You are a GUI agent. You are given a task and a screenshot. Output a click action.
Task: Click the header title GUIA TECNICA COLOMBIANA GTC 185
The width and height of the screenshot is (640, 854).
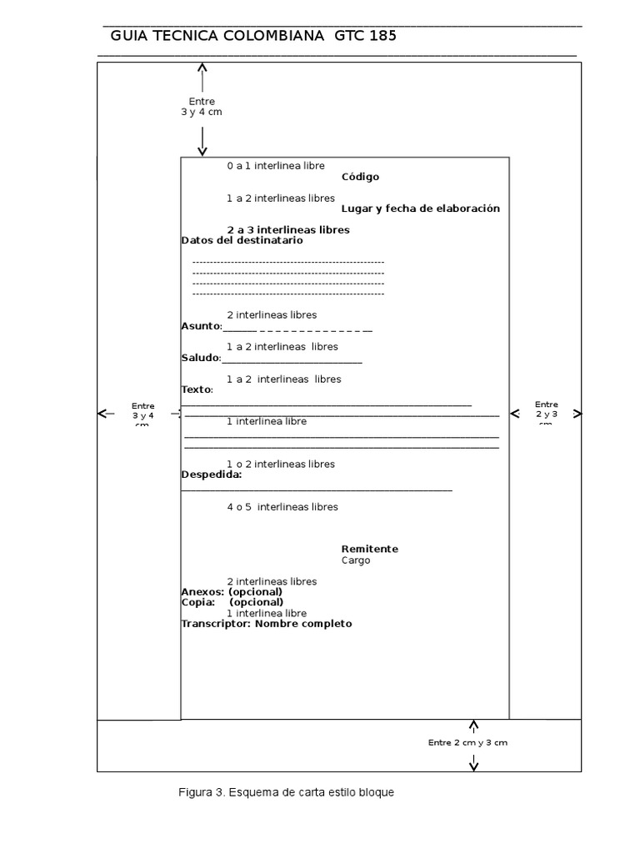click(x=253, y=36)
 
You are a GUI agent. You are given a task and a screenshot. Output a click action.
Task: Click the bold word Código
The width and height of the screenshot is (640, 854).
click(x=360, y=177)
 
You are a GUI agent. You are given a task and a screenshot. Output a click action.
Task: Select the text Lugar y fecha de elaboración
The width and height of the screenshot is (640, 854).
click(x=420, y=208)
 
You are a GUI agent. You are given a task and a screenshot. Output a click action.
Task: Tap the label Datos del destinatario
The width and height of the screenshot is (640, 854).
click(x=242, y=240)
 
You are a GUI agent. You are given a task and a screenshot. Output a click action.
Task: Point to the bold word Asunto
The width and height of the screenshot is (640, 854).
click(x=200, y=326)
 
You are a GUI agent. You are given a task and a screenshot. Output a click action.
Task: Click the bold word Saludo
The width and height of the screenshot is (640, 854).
click(x=200, y=358)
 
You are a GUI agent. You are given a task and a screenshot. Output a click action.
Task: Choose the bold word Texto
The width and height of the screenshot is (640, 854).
click(x=196, y=389)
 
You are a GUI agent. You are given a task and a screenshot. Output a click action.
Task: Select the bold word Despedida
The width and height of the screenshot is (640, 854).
click(x=211, y=475)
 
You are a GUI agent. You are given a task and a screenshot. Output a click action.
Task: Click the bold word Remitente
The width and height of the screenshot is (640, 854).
click(x=369, y=549)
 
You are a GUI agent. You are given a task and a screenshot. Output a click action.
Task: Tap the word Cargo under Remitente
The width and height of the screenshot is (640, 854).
click(x=356, y=560)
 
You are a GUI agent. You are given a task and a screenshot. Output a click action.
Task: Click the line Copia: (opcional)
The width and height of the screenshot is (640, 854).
click(x=232, y=602)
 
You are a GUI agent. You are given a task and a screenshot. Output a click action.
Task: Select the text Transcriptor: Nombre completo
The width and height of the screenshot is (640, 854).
click(x=266, y=624)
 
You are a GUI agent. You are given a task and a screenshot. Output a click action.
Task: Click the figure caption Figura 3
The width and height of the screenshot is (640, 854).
click(x=286, y=792)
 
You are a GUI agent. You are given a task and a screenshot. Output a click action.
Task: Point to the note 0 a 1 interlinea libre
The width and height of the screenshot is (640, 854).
click(x=275, y=166)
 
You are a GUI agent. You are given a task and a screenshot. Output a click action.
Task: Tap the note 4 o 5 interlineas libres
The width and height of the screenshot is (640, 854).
click(x=282, y=507)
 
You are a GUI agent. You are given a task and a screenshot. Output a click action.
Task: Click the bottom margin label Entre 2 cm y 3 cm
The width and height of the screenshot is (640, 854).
click(x=467, y=742)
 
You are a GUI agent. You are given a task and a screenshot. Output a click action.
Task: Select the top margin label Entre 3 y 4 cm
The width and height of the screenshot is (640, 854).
click(x=202, y=107)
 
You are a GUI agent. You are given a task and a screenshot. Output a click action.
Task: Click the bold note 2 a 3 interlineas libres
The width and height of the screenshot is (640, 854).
click(x=287, y=229)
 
